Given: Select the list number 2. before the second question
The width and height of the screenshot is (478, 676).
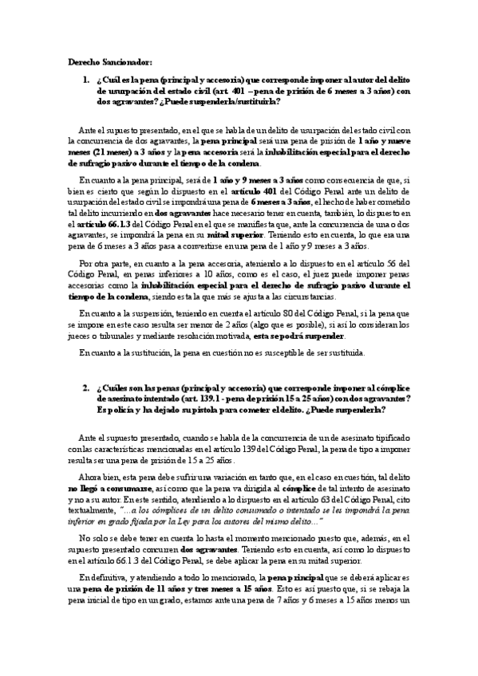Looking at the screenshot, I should click(x=86, y=387).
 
